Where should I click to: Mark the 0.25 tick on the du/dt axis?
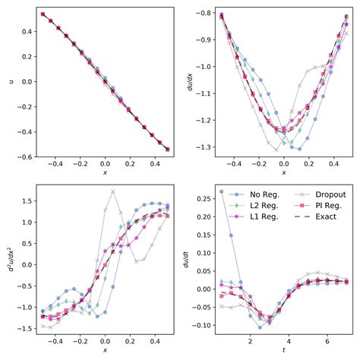(204, 197)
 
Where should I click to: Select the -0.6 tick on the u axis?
(25, 156)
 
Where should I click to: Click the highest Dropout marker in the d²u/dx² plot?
(112, 191)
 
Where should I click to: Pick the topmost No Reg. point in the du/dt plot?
(222, 191)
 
